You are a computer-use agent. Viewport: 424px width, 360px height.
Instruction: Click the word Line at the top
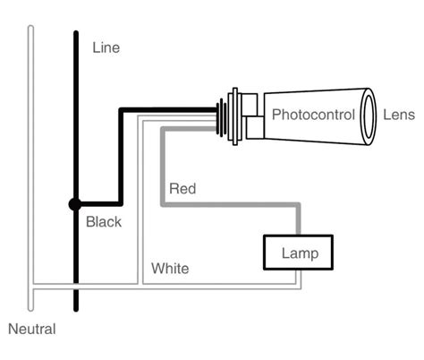point(105,47)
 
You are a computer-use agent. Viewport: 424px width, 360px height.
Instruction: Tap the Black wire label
point(103,221)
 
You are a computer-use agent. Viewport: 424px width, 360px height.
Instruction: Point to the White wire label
point(169,268)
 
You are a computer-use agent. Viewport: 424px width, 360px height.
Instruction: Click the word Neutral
point(31,329)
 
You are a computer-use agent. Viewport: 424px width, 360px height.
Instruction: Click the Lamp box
point(295,253)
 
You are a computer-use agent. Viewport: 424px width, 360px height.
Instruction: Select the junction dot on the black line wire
point(75,204)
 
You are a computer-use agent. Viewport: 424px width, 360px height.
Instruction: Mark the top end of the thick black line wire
point(75,34)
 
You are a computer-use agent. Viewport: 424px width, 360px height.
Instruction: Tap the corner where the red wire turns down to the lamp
point(299,206)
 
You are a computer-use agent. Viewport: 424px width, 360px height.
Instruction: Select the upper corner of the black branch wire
point(122,111)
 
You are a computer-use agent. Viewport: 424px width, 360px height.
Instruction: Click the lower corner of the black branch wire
point(122,204)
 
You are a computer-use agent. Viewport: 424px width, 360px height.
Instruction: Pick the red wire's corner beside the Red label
point(163,206)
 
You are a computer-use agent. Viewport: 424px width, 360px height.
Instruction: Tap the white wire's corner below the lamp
point(299,287)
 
